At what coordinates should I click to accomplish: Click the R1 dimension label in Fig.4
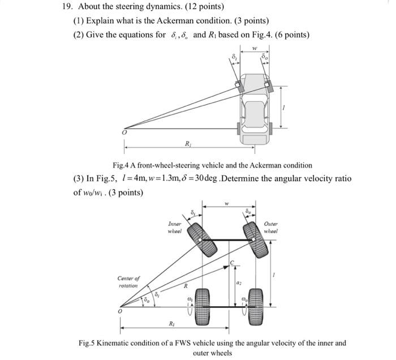(187, 144)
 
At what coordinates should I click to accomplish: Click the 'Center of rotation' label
(129, 282)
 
